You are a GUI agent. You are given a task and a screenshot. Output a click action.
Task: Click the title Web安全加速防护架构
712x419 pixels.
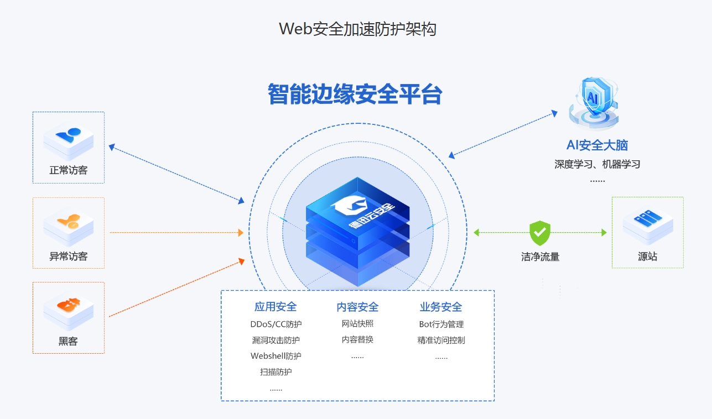357,29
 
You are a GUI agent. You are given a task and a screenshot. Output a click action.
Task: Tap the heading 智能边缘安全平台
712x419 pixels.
355,94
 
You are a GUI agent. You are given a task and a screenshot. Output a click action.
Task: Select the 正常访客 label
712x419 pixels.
69,170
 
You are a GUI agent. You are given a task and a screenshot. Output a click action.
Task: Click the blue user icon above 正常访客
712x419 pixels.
69,138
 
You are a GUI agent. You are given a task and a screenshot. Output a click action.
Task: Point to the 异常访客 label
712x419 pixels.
69,256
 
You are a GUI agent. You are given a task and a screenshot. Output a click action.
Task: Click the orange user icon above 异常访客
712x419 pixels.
69,224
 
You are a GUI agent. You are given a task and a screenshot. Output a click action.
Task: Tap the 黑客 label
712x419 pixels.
69,342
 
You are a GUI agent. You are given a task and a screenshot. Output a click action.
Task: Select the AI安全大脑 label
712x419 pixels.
597,145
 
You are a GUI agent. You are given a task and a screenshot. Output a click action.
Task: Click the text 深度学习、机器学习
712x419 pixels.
597,164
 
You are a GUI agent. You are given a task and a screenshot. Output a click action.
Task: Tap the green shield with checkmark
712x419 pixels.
540,233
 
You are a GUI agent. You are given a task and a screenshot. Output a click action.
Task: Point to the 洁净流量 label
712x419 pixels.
540,257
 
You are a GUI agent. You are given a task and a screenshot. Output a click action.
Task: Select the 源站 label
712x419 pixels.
648,257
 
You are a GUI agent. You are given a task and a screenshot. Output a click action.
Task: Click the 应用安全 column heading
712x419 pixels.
276,307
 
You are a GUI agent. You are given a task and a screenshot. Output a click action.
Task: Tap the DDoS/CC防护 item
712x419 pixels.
276,324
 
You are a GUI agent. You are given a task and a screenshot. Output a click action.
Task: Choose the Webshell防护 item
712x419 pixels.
276,356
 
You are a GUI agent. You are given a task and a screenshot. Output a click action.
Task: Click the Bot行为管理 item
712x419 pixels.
441,324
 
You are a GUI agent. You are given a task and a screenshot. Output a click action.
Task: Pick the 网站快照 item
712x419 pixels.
357,324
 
